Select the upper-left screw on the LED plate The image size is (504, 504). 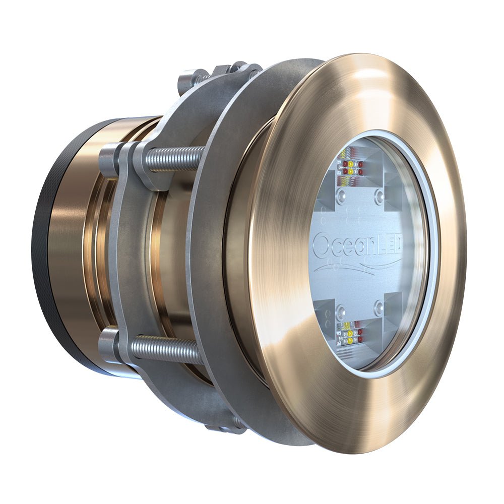coord(343,194)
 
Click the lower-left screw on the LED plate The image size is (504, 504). coord(341,308)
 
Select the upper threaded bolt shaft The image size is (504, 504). coord(174,157)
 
